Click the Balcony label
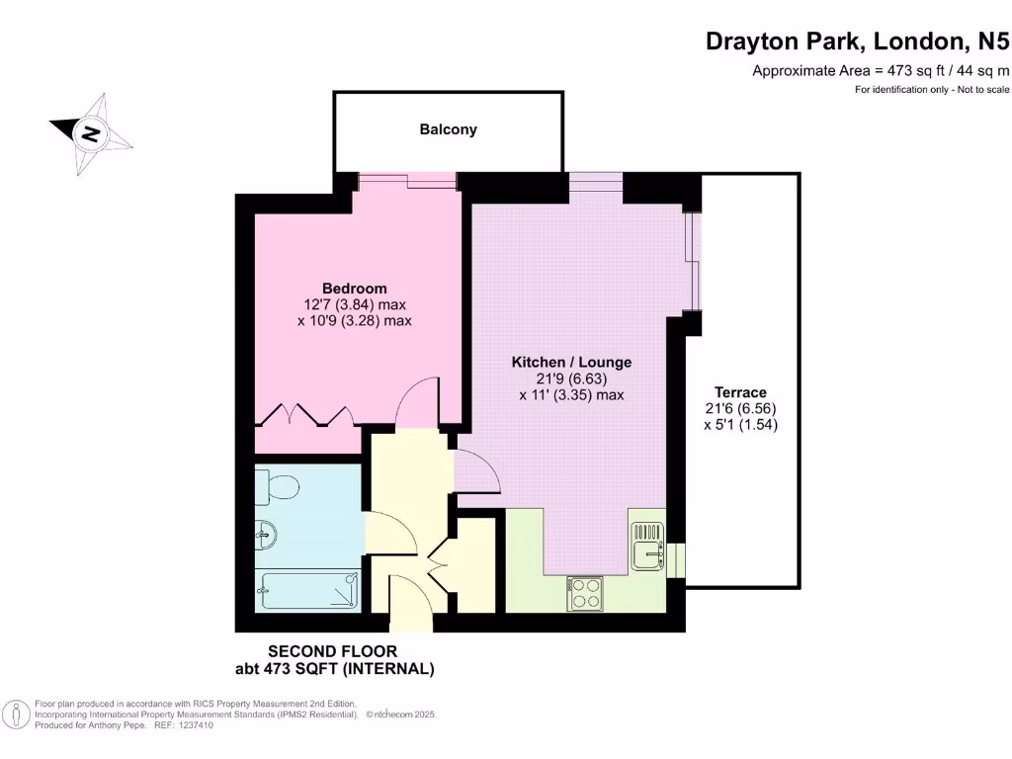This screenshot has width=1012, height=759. click(448, 129)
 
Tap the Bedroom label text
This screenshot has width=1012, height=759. click(354, 289)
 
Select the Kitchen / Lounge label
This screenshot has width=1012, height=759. click(570, 363)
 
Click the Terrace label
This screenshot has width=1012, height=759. click(742, 392)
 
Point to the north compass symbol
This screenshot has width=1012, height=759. click(91, 133)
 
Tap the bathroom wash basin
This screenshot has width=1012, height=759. click(266, 535)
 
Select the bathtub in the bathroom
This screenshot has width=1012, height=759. click(307, 590)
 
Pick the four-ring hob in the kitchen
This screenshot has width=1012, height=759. click(585, 594)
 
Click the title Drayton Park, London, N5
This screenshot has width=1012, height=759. click(857, 42)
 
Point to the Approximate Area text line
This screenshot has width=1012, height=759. click(881, 70)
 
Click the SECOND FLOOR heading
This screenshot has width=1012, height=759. click(333, 652)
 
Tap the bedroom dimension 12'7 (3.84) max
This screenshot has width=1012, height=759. click(354, 304)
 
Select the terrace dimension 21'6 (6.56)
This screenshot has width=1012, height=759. click(742, 409)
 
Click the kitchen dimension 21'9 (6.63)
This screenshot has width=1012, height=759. click(570, 379)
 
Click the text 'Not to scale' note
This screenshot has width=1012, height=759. click(973, 90)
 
